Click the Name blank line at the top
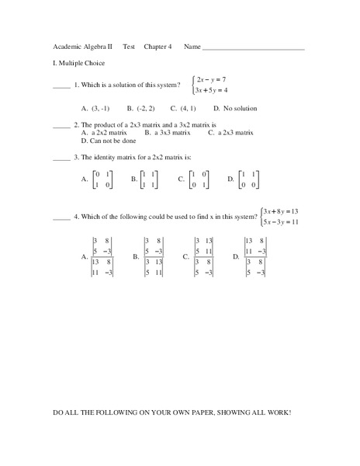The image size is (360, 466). tap(253, 50)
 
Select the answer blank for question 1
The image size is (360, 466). tap(61, 87)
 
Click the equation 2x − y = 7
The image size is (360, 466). tap(215, 79)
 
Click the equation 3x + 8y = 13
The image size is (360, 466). tap(281, 211)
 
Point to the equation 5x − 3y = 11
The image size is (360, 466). tap(281, 222)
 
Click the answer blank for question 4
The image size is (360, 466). tap(61, 219)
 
